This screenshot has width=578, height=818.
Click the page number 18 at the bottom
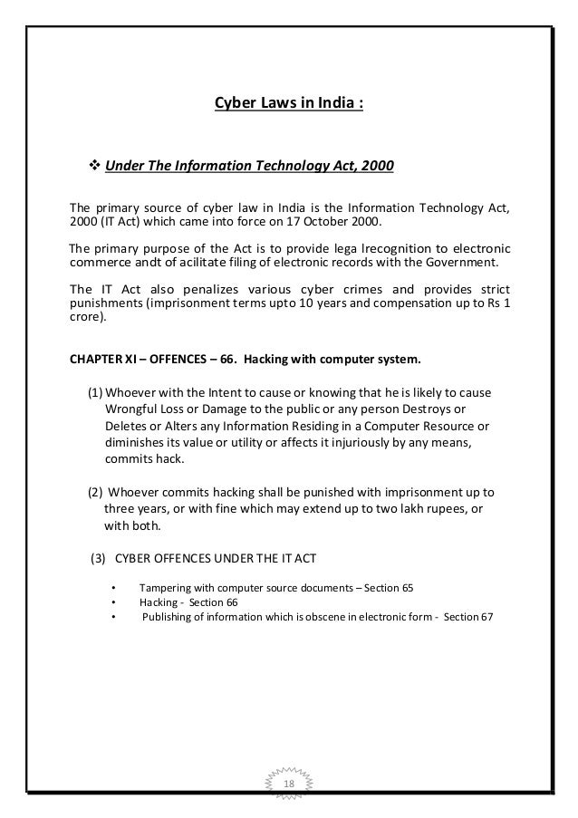click(289, 783)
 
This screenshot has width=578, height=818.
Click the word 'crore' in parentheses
click(86, 318)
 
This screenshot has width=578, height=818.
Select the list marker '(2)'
click(95, 492)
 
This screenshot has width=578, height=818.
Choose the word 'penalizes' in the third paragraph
click(202, 286)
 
